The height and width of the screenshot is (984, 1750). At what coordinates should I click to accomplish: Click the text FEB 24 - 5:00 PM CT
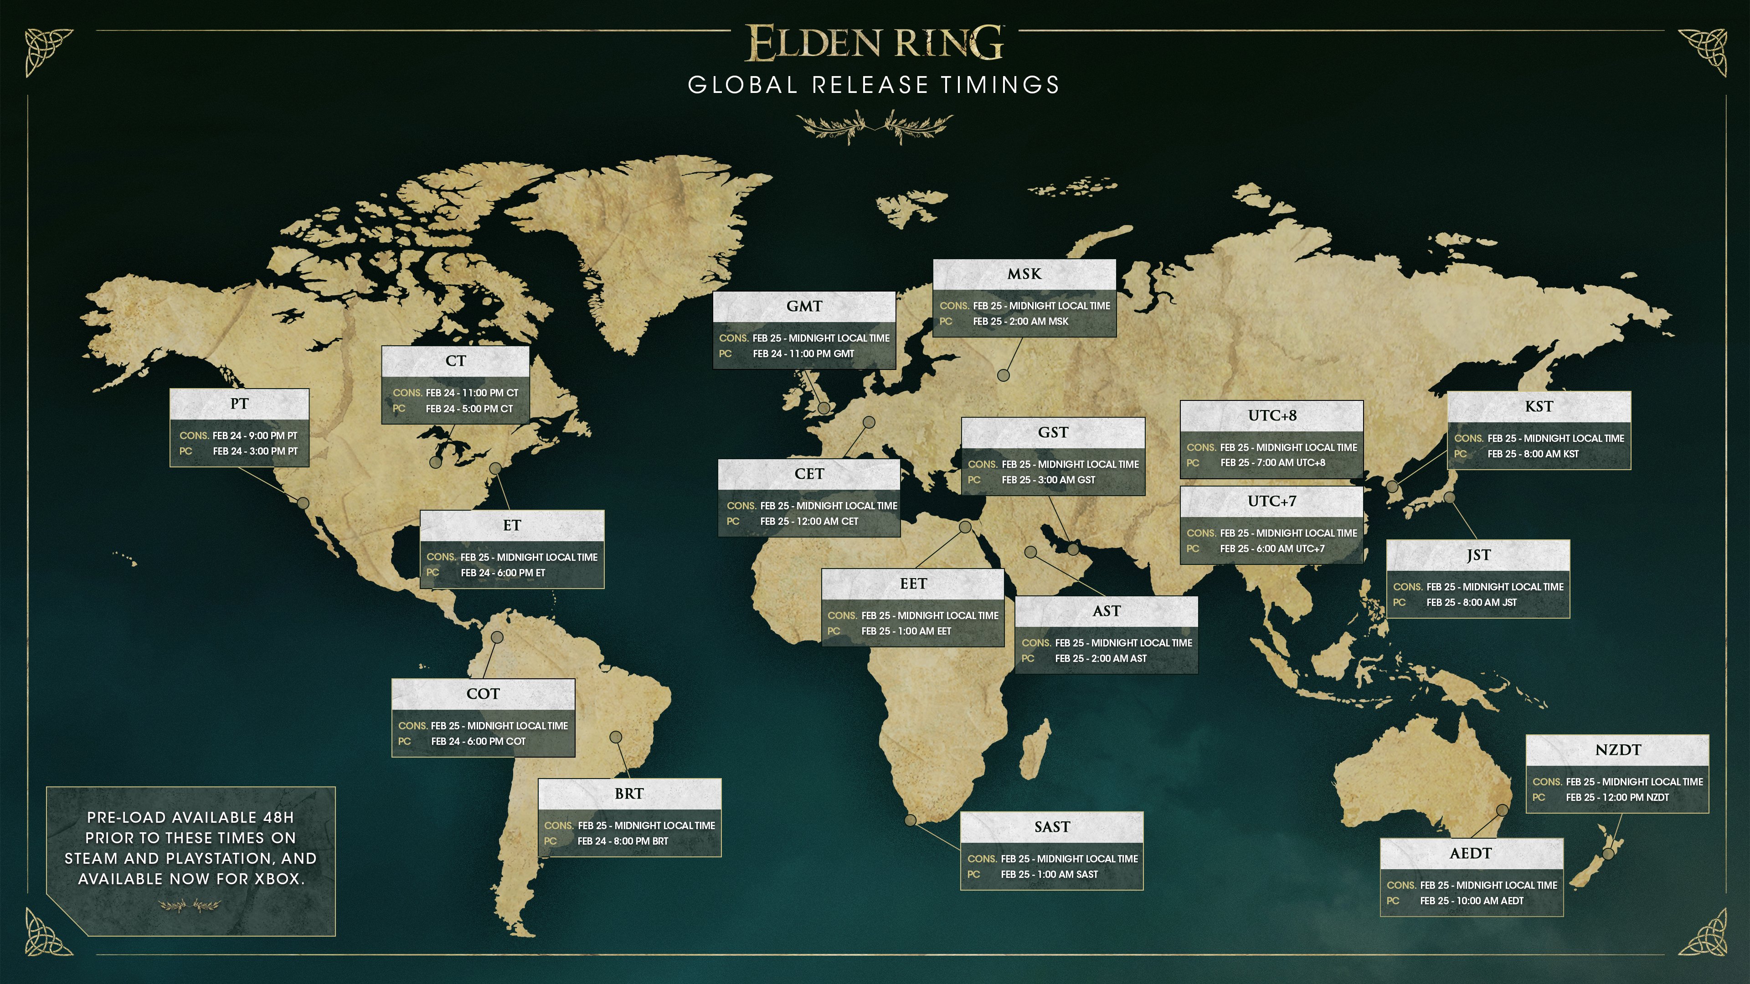[x=469, y=409]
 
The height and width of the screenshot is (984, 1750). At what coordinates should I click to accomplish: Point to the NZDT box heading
[x=1617, y=750]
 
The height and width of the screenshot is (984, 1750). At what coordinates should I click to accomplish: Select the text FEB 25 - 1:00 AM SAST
[x=1049, y=875]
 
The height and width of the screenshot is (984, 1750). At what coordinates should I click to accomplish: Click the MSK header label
[x=1024, y=274]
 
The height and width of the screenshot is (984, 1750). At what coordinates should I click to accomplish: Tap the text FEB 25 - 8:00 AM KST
[x=1533, y=454]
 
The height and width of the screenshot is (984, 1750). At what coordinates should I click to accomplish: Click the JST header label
[x=1478, y=555]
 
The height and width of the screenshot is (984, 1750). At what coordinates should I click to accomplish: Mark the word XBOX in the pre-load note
[x=277, y=879]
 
